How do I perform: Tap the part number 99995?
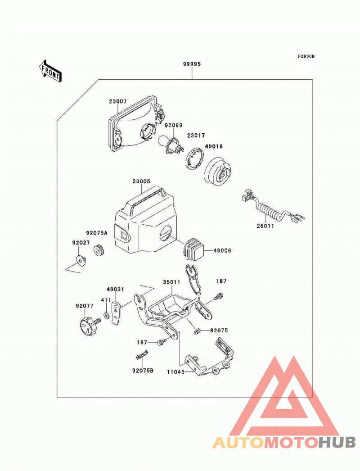tap(192, 64)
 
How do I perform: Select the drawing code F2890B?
tap(306, 56)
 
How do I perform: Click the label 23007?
tap(118, 101)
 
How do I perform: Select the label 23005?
tap(141, 181)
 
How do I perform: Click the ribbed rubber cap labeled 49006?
tap(193, 249)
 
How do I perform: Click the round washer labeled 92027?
tap(81, 261)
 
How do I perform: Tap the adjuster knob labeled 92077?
tap(89, 326)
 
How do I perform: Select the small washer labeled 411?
tap(106, 316)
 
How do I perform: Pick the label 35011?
tap(171, 282)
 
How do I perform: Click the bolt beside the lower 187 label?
tap(162, 342)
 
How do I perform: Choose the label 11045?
tap(175, 372)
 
